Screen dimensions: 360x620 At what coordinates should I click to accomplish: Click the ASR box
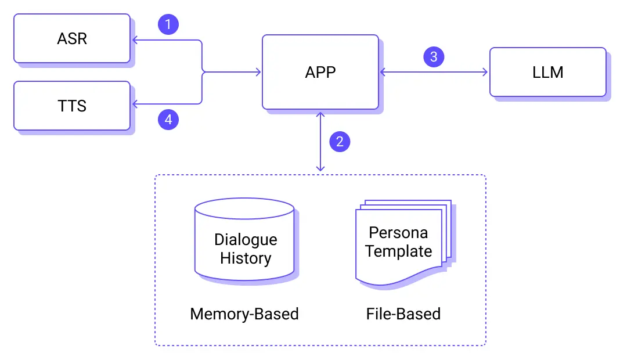tap(72, 38)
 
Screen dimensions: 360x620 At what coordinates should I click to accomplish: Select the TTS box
tap(72, 106)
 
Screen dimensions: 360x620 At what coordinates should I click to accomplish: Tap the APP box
tap(320, 72)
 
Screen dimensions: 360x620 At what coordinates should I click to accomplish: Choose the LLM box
tap(547, 72)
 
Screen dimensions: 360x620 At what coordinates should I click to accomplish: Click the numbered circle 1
tap(168, 24)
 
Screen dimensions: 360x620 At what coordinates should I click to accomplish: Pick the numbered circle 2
tap(340, 141)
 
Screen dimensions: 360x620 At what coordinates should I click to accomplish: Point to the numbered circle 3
tap(434, 57)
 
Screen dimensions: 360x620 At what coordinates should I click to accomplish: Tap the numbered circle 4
tap(168, 120)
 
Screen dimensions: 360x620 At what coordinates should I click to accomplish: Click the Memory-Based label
tap(244, 314)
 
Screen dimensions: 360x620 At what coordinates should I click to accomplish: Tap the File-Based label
tap(403, 314)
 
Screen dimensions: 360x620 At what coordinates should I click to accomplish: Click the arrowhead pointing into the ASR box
tap(134, 40)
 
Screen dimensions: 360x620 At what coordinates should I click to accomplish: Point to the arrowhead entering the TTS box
tap(134, 105)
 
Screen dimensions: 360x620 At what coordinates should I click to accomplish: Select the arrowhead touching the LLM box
tap(486, 72)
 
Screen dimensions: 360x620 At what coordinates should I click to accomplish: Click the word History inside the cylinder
tap(246, 258)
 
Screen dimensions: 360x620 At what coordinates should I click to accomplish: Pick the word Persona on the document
tap(398, 233)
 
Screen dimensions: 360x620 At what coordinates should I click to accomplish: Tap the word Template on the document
tap(399, 251)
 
